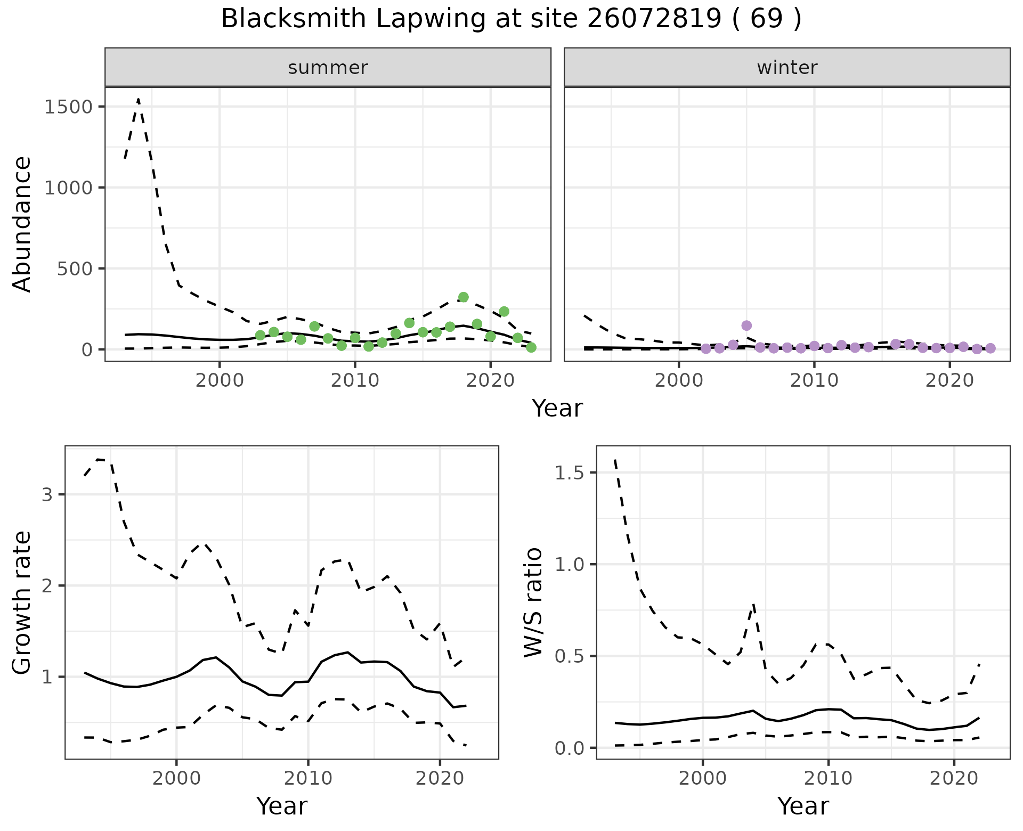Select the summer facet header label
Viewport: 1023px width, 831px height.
coord(328,68)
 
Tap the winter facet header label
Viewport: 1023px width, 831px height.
coord(787,68)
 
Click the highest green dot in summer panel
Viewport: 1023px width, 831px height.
coord(464,297)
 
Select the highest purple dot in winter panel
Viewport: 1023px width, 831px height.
coord(746,325)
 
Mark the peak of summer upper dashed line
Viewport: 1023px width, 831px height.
coord(139,99)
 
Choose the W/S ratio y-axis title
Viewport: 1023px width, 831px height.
coord(533,602)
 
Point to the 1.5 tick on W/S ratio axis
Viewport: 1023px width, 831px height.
coord(570,473)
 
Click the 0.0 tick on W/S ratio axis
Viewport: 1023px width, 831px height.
coord(570,748)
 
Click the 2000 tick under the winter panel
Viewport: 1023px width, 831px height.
coord(679,381)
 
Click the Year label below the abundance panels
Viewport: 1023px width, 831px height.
coord(557,409)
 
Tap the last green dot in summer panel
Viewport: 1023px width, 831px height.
coord(531,347)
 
